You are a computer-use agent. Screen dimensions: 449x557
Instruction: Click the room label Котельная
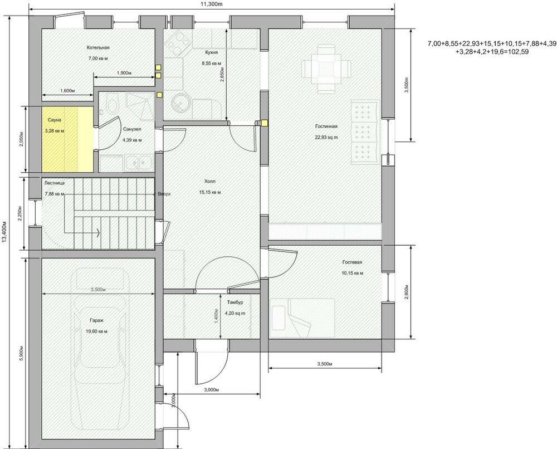[x=98, y=48]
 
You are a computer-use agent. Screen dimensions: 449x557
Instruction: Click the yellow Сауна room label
[x=54, y=120]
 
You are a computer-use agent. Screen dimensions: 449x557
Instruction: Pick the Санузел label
[x=132, y=129]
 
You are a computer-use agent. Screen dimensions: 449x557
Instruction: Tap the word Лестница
[x=55, y=182]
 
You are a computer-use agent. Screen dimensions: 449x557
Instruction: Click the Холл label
[x=210, y=182]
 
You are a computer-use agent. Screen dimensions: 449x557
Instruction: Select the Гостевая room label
[x=353, y=262]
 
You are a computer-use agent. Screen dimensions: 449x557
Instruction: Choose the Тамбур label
[x=235, y=302]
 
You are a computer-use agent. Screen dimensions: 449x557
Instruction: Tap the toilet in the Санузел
[x=111, y=105]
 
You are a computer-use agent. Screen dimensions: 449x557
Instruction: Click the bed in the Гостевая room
[x=301, y=316]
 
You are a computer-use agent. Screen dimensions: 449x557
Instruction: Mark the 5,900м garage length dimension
[x=21, y=351]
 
